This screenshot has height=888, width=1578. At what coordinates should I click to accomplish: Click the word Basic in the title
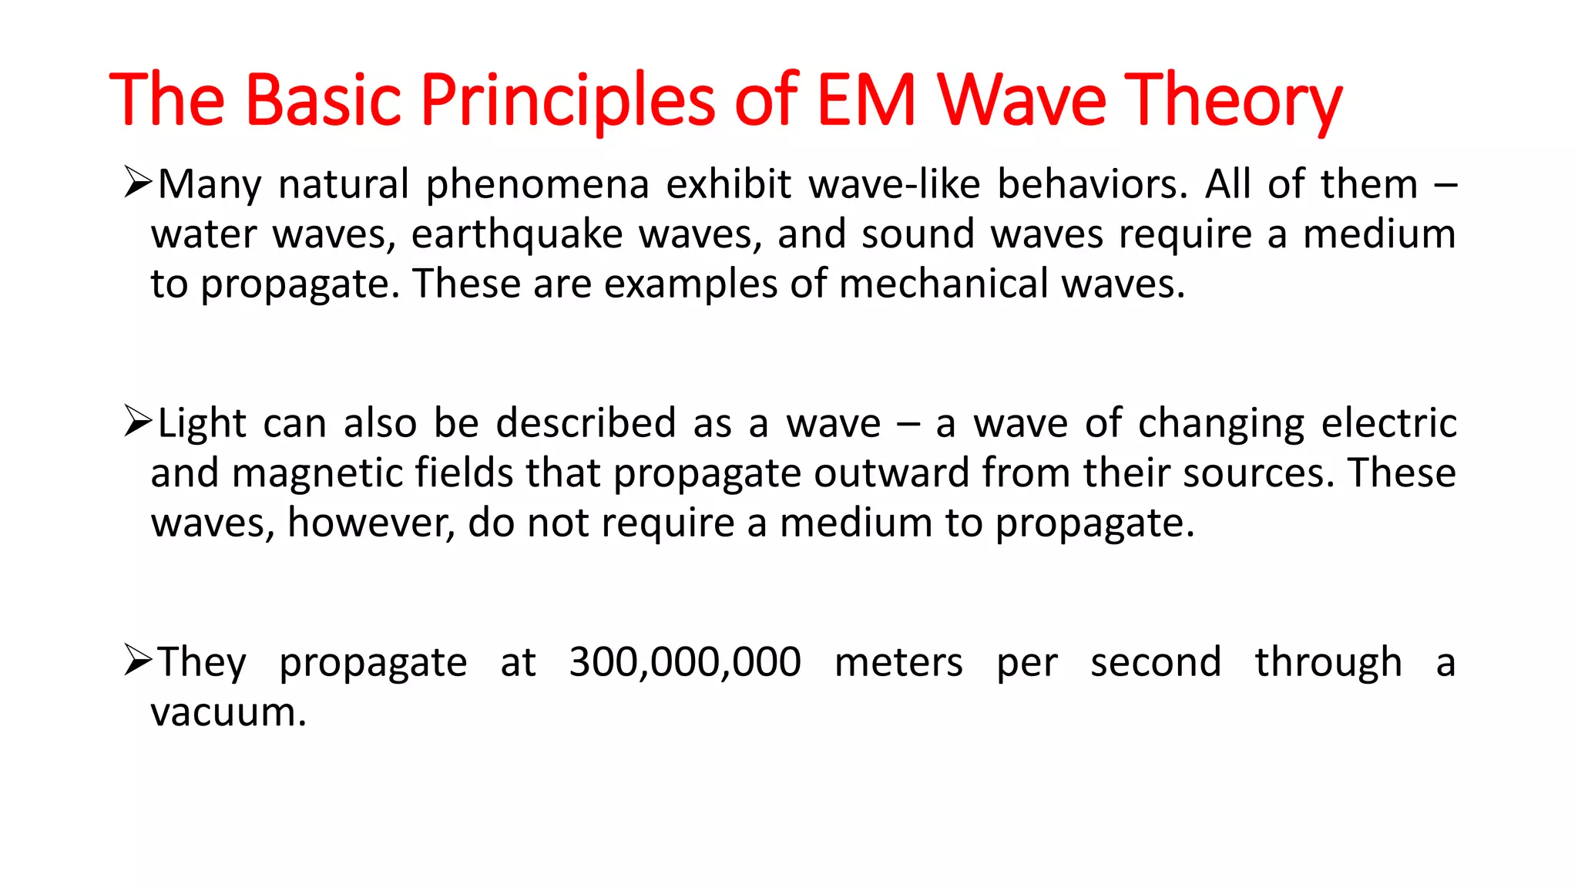(324, 99)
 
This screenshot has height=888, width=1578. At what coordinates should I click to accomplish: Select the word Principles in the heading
(568, 99)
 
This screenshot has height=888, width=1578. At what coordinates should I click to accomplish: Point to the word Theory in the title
(1233, 99)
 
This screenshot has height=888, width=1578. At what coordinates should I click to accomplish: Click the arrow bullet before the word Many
(138, 184)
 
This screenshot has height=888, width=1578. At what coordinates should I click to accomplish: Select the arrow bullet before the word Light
(138, 422)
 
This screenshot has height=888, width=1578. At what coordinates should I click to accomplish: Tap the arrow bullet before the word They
(138, 661)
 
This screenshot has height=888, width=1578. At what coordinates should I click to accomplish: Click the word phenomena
(538, 186)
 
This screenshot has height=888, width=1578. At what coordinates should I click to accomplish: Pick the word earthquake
(516, 234)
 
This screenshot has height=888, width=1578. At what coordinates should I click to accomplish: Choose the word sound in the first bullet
(918, 234)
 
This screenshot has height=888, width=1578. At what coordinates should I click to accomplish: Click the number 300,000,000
(685, 662)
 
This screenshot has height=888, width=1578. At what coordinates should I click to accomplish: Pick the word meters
(898, 662)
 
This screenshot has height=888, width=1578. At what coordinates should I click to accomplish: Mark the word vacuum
(228, 712)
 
